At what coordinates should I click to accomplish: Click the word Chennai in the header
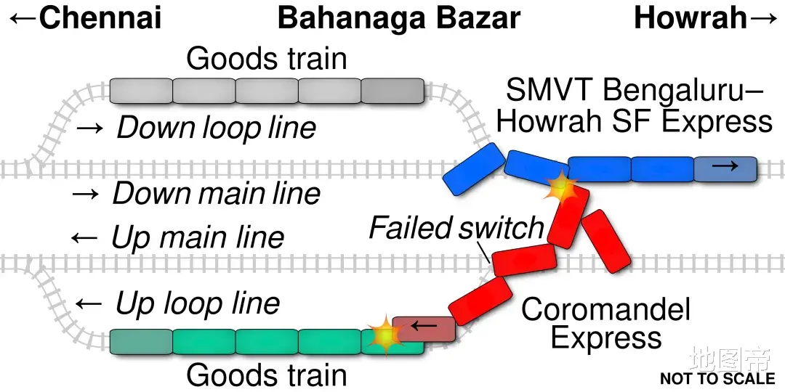[100, 17]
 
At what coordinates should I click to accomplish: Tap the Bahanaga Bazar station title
[399, 17]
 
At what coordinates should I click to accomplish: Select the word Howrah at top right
[690, 17]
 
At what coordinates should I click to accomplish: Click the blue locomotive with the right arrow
[725, 168]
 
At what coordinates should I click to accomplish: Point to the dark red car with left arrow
[423, 328]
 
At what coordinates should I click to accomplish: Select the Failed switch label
[456, 228]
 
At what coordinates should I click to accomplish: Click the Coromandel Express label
[605, 324]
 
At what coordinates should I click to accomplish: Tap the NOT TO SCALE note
[717, 378]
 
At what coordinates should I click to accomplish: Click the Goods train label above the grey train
[266, 59]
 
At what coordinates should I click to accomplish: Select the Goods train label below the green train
[266, 375]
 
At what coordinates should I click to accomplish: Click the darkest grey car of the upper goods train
[392, 91]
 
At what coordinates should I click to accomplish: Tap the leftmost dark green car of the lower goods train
[141, 341]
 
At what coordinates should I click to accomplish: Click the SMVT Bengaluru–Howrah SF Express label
[634, 105]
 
